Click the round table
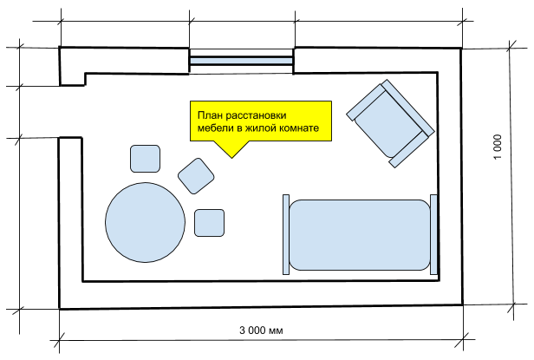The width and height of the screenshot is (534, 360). (x=145, y=220)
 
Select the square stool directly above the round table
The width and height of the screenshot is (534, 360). (x=145, y=158)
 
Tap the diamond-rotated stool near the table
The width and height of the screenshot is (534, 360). (x=196, y=175)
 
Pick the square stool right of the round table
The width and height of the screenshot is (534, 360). (x=210, y=223)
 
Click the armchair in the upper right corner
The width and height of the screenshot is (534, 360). (x=389, y=122)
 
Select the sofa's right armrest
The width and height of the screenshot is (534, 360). (x=433, y=234)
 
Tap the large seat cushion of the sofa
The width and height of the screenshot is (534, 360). (x=360, y=234)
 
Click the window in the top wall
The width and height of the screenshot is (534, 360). (x=242, y=60)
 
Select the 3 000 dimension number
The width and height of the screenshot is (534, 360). (x=252, y=331)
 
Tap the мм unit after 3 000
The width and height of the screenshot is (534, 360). (x=277, y=331)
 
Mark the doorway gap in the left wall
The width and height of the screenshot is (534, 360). (x=60, y=111)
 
